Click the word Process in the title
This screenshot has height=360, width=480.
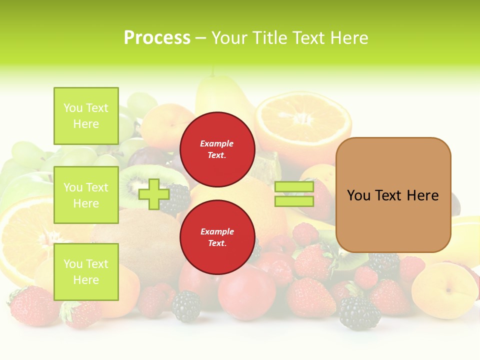click(157, 38)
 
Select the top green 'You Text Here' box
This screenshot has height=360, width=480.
click(86, 116)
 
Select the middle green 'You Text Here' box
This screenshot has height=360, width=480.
click(86, 195)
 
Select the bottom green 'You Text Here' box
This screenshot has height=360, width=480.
click(86, 271)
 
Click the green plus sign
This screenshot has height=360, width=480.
click(154, 194)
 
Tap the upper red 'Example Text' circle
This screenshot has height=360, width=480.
click(217, 149)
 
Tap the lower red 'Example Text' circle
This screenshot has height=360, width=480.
click(217, 237)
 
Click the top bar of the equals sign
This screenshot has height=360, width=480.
click(294, 187)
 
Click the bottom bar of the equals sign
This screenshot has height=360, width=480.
click(294, 201)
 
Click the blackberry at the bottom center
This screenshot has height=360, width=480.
click(186, 306)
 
